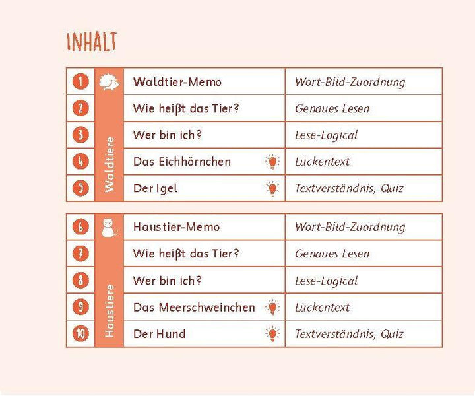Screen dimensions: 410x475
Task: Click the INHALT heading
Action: (x=91, y=42)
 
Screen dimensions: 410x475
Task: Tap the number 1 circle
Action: (x=80, y=82)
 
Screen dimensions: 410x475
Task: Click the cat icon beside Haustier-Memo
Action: (x=109, y=227)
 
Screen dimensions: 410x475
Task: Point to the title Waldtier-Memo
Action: (x=177, y=82)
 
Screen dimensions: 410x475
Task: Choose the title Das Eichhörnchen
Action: (x=181, y=162)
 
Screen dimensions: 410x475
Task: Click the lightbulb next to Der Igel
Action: (x=271, y=189)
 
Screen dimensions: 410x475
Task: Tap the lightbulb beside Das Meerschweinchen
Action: (x=271, y=308)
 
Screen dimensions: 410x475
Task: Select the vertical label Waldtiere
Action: (x=110, y=165)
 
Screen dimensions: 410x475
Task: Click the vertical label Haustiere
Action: (x=110, y=310)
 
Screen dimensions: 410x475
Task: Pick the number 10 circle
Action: (x=80, y=334)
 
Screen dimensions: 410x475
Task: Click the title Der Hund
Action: (x=159, y=334)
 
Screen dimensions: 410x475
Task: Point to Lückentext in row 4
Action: (x=322, y=162)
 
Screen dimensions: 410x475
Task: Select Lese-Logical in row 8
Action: (x=326, y=281)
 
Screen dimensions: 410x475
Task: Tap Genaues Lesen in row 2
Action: (x=332, y=108)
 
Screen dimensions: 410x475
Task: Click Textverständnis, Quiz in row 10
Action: (x=349, y=334)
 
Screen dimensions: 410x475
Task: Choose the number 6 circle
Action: (x=80, y=227)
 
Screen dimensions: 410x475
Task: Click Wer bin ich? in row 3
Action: (x=167, y=135)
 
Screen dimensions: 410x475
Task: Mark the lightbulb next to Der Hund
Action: (x=271, y=334)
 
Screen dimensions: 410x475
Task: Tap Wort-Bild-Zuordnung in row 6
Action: (x=350, y=227)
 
